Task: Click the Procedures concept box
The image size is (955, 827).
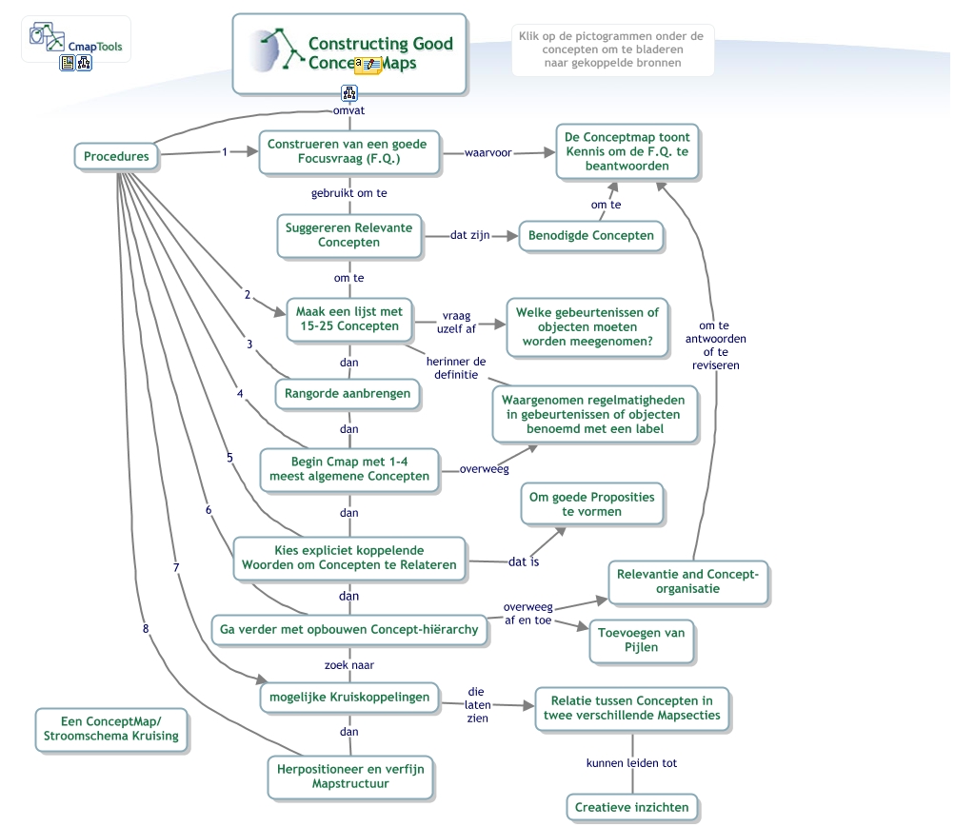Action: coord(116,157)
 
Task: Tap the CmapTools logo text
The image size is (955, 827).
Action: coord(94,45)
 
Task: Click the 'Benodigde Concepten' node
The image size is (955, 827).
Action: coord(590,235)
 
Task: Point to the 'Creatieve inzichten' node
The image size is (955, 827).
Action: coord(631,808)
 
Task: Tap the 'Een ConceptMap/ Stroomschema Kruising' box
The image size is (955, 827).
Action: coord(110,729)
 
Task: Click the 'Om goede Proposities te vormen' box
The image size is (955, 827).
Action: coord(591,504)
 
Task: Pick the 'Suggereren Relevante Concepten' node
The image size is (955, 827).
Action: coord(348,234)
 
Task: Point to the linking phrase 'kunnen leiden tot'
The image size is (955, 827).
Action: coord(631,763)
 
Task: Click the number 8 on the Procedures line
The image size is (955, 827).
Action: coord(145,628)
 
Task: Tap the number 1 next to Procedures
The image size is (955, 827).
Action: coord(225,151)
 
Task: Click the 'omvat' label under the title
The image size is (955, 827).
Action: coord(348,110)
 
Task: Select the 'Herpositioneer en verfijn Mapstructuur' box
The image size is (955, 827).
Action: coord(349,776)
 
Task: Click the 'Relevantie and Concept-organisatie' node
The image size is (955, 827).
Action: coord(688,581)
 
